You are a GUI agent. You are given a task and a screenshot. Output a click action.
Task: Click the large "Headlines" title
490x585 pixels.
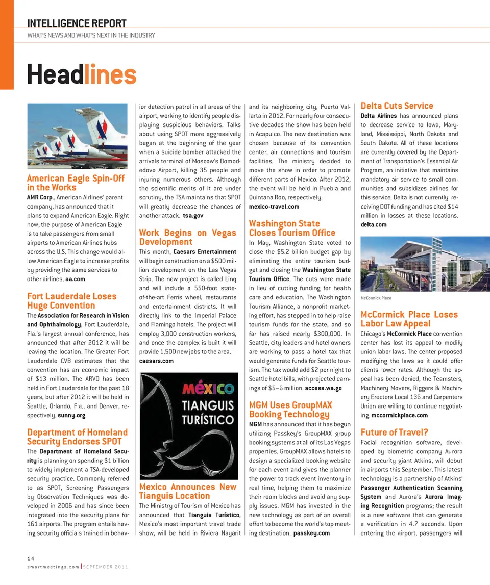[x=82, y=74]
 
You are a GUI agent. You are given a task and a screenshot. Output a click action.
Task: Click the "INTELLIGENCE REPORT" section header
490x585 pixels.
[x=77, y=23]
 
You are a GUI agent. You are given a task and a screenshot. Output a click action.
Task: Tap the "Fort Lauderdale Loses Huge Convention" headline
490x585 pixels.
[x=71, y=301]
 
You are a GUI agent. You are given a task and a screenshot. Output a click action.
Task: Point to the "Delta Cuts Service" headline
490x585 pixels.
[x=397, y=106]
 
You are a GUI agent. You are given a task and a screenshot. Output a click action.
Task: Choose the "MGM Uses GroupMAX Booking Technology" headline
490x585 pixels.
[x=290, y=410]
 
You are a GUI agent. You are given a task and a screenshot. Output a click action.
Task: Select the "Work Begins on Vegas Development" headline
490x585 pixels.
[x=187, y=237]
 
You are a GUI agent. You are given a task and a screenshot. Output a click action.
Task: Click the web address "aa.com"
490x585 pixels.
[x=76, y=279]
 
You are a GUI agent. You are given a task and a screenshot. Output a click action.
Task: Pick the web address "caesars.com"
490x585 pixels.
[x=156, y=361]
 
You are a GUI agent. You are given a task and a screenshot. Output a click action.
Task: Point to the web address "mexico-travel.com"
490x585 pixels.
[x=274, y=207]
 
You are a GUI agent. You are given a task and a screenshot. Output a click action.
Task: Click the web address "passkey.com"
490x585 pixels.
[x=311, y=533]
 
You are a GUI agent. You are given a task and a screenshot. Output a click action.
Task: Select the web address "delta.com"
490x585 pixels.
[x=374, y=225]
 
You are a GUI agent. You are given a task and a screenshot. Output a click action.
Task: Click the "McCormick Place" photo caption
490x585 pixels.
[x=375, y=297]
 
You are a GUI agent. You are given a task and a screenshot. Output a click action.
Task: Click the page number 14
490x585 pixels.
[x=30, y=559]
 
